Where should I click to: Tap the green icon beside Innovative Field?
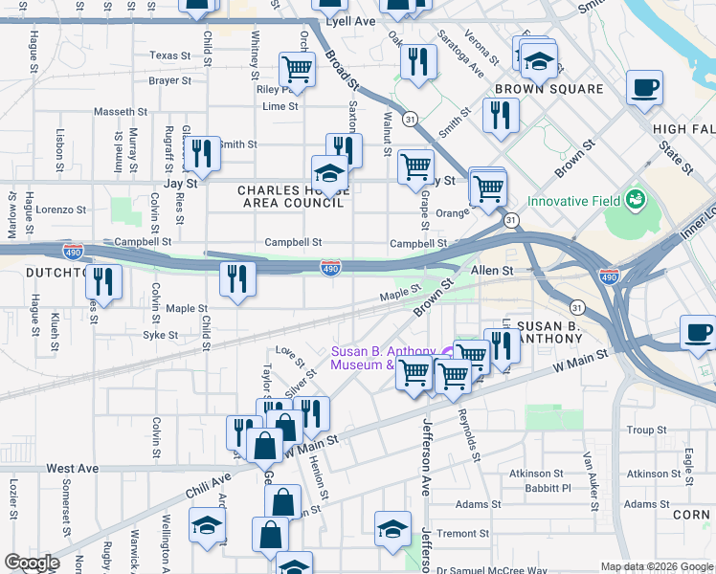click(635, 201)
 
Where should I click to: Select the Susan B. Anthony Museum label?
click(375, 358)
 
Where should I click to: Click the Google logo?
click(32, 563)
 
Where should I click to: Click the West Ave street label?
click(72, 469)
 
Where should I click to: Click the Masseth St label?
click(121, 112)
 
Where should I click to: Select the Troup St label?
click(646, 430)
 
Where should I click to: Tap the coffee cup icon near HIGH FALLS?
click(643, 88)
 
